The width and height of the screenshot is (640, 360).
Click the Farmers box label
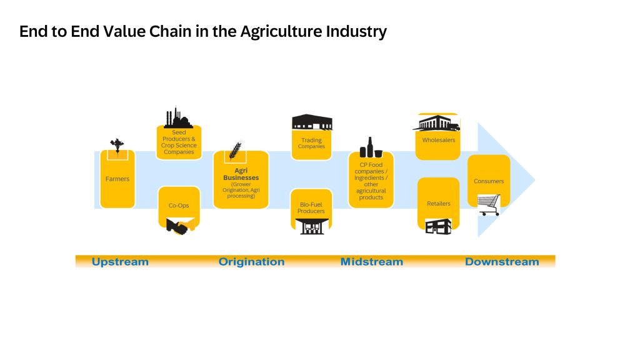point(117,179)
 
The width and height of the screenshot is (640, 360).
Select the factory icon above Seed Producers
point(177,117)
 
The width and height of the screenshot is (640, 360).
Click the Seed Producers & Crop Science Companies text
point(179,142)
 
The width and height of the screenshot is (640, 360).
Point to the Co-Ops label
point(179,205)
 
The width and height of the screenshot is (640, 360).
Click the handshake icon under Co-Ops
point(180,226)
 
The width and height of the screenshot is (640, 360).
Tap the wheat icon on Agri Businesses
point(235,151)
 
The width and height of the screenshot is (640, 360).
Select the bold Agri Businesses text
point(241,174)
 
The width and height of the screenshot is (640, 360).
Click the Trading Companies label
point(311,143)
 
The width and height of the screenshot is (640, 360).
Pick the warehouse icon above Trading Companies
point(312,122)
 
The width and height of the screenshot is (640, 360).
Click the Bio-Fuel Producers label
point(311,207)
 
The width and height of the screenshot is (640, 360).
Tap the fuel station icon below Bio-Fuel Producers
point(312,226)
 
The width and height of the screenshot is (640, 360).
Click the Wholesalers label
point(439,140)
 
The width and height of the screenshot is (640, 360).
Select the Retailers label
point(439,203)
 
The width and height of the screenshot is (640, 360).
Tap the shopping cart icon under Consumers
point(489,205)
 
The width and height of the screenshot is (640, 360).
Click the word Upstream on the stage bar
point(120,262)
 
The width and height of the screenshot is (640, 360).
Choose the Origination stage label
point(251,262)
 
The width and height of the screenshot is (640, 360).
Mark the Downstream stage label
point(502,262)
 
